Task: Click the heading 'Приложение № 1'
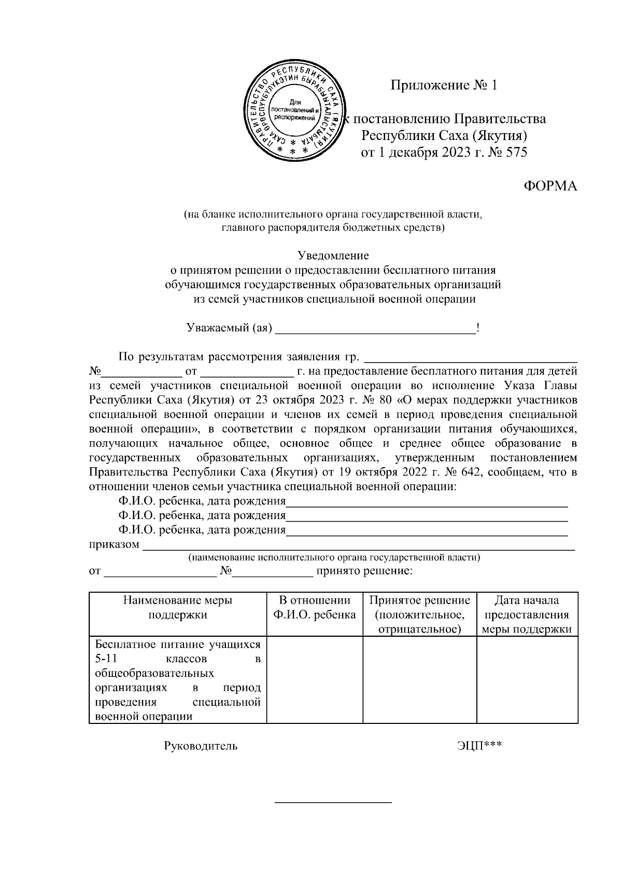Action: [444, 86]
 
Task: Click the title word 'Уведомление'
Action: [333, 256]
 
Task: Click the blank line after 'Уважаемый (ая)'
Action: [375, 329]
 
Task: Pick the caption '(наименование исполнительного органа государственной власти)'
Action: [334, 558]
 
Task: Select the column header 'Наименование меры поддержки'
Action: [177, 608]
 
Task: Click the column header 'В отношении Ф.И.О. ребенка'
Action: [315, 608]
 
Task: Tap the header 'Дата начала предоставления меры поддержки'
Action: [527, 615]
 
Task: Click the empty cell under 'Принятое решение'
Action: [419, 679]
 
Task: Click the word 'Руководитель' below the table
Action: [201, 746]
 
